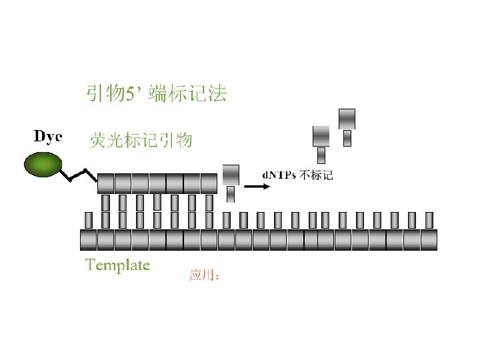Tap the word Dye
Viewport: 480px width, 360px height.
tap(48, 137)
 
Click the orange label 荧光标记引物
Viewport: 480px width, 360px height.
tap(141, 140)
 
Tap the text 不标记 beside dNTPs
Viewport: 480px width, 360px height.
tap(316, 175)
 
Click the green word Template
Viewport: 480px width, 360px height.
tap(117, 265)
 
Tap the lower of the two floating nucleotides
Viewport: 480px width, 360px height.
tap(321, 137)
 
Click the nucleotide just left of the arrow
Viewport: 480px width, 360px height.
tap(231, 175)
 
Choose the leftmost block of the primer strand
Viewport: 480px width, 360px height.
tap(106, 183)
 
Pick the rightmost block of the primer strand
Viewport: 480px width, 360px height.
tap(209, 183)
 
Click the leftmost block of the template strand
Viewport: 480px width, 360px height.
tap(88, 239)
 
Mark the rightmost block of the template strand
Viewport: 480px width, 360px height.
tap(429, 239)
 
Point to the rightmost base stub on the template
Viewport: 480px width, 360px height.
tap(429, 220)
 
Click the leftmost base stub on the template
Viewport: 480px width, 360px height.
tap(89, 220)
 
